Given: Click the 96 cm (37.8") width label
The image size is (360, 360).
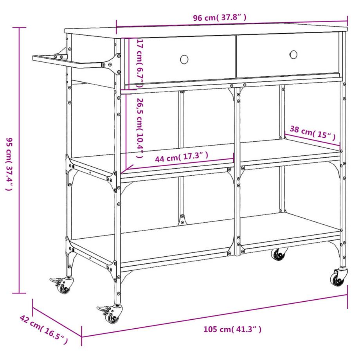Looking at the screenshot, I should coord(220,18).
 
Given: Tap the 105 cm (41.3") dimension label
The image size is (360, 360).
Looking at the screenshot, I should coord(232,329).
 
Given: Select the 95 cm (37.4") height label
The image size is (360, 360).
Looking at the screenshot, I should coord(9,164).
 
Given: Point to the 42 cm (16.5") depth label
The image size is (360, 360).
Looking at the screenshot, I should coord(43,329).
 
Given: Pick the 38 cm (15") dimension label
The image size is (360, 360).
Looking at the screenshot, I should coord(313,133).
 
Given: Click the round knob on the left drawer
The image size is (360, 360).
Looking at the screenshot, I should coord(184,59).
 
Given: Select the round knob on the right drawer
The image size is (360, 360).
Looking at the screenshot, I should coord(293,54).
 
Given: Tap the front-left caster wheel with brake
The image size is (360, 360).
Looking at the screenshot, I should coord(112,315).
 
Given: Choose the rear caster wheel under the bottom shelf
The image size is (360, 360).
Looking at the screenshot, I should coord(279,254).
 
